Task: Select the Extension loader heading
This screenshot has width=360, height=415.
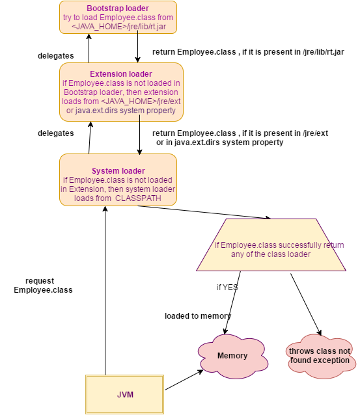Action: [x=120, y=74]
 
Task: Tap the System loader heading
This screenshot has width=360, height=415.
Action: [x=118, y=171]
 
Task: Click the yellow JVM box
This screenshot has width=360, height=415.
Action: [x=125, y=395]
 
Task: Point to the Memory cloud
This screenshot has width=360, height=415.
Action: [x=232, y=355]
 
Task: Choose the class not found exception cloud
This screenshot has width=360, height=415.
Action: [x=319, y=355]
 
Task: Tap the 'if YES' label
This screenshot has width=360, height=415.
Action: [x=227, y=287]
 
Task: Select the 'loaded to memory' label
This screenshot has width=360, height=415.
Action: [x=198, y=316]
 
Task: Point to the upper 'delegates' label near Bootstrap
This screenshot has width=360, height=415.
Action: [x=55, y=56]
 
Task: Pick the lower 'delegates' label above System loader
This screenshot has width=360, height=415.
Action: [x=55, y=133]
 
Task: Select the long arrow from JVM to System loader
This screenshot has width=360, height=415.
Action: [x=105, y=286]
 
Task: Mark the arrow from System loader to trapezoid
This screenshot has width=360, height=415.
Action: [x=221, y=212]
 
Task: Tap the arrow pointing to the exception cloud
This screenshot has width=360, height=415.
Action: [x=305, y=303]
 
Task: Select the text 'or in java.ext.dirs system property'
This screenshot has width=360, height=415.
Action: [x=219, y=142]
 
